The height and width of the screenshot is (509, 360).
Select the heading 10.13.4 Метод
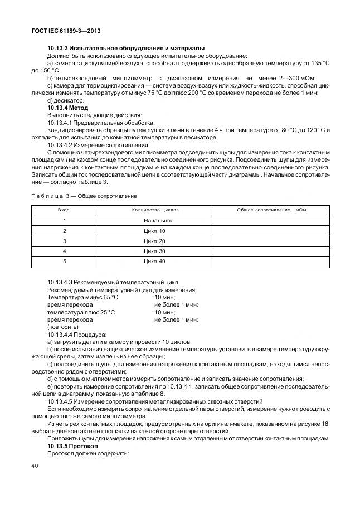pos(67,107)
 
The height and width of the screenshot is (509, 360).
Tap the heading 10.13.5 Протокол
pos(72,447)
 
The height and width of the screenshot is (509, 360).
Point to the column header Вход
pos(64,210)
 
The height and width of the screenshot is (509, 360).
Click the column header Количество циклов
pos(154,210)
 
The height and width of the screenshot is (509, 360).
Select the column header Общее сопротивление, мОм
pos(271,210)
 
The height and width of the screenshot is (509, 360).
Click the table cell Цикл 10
pos(154,230)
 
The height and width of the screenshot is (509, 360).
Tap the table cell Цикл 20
pos(154,240)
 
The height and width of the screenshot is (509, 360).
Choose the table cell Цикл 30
pos(154,250)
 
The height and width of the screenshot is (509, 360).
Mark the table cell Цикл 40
pos(154,260)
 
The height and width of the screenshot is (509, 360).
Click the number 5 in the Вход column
pos(64,260)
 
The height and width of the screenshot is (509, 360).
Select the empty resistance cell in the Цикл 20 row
pos(271,240)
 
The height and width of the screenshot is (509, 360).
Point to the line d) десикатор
pos(66,100)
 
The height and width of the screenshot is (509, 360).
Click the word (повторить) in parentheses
pos(63,327)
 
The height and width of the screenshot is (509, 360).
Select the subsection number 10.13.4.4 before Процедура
pos(62,334)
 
